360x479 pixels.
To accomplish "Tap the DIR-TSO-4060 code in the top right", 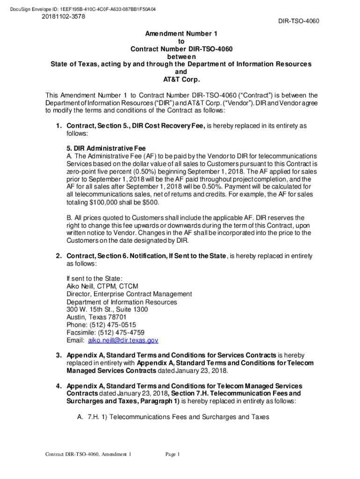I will [x=299, y=22].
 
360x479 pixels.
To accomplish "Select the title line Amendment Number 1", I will [x=180, y=34].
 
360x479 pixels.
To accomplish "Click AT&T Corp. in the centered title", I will [x=180, y=80].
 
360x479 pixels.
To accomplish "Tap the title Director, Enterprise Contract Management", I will [x=129, y=294].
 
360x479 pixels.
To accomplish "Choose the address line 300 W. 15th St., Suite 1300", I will [x=108, y=309].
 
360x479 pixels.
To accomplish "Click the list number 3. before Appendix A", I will [x=59, y=355].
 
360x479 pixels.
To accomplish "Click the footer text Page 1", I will [x=173, y=455].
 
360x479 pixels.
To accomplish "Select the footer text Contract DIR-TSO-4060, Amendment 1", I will [x=88, y=455].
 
